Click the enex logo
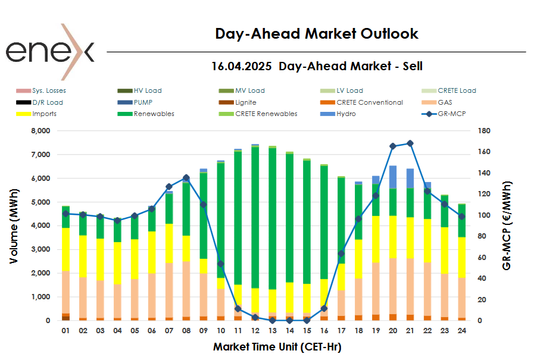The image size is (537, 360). point(50,52)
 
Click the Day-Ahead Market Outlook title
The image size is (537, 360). point(317,34)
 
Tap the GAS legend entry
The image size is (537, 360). point(445,102)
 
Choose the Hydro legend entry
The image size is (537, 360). point(346,114)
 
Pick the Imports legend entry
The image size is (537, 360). point(45,114)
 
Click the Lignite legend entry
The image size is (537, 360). point(246,102)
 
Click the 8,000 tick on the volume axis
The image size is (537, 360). point(39,131)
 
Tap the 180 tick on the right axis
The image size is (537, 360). point(483,131)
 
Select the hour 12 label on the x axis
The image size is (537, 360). point(255,332)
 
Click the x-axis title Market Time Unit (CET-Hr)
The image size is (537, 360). point(277,346)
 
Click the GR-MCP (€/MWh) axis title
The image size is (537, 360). point(507,226)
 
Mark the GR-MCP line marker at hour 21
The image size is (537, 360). point(410,143)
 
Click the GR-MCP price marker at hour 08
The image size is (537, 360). point(186,178)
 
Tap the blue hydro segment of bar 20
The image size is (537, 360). point(393,177)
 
